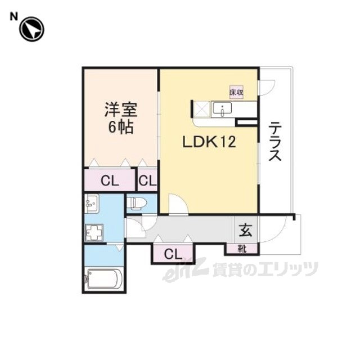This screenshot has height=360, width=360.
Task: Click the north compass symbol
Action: click(31, 30)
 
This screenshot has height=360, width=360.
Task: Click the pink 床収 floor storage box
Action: click(236, 92)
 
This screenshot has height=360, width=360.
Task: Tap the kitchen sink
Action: click(224, 109)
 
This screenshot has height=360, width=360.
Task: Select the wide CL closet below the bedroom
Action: click(110, 181)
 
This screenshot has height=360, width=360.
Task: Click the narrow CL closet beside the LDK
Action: click(148, 181)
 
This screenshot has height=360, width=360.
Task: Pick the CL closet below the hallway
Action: click(173, 254)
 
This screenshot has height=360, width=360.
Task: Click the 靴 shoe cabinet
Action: click(242, 248)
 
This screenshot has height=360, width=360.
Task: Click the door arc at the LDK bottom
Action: click(178, 205)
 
